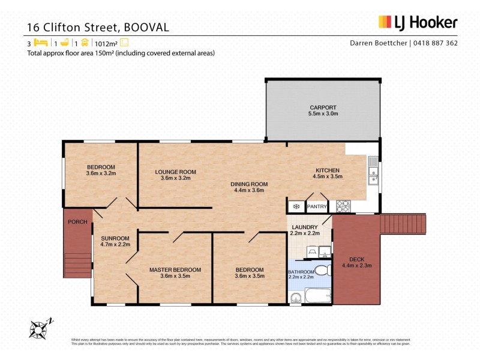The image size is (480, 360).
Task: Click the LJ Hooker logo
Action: pyautogui.click(x=418, y=23)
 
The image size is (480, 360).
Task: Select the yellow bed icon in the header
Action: pyautogui.click(x=40, y=43)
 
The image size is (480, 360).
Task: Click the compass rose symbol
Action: pyautogui.click(x=40, y=327)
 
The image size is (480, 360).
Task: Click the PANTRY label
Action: pyautogui.click(x=317, y=206)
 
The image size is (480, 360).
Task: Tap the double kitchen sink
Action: pyautogui.click(x=373, y=169)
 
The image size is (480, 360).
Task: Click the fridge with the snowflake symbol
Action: pyautogui.click(x=295, y=206)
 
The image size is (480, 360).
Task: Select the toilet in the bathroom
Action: pyautogui.click(x=322, y=268)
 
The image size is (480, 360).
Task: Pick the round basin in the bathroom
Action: pyautogui.click(x=295, y=298)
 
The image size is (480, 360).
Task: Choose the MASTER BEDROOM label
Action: pyautogui.click(x=175, y=269)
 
